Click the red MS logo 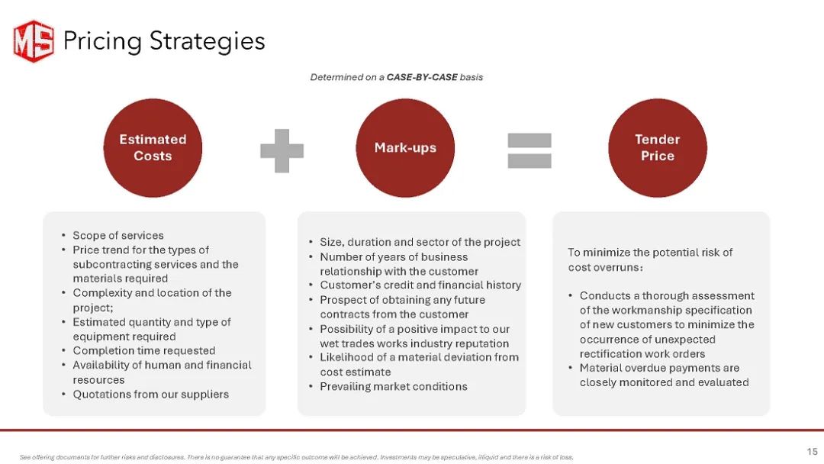point(34,41)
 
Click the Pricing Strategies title point(164,41)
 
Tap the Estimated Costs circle point(153,147)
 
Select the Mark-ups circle point(405,147)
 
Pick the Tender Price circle point(658,147)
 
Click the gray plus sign point(282,151)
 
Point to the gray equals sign point(529,151)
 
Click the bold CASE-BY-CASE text point(422,77)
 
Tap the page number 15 point(812,451)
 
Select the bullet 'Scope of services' point(118,235)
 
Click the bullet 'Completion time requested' point(144,350)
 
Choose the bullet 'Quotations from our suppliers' point(151,394)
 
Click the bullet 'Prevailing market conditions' point(394,386)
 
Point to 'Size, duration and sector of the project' point(420,242)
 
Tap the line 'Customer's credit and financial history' point(420,285)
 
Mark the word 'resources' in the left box point(98,380)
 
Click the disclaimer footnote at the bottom point(296,457)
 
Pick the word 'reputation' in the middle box point(481,343)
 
